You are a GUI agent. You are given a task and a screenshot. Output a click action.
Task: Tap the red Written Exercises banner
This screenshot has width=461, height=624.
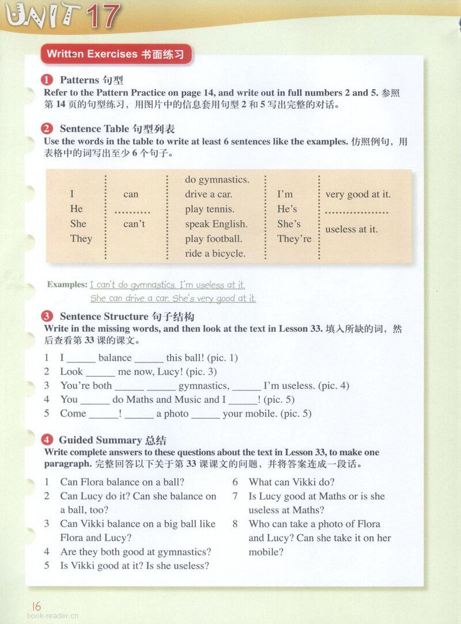coord(115,54)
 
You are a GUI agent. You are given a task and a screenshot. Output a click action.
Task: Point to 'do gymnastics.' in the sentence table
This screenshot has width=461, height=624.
coord(217,180)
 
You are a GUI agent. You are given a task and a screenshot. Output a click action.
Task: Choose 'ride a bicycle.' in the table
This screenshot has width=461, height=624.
coord(215,254)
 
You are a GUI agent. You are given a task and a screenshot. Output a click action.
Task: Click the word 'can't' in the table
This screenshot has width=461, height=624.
coord(134,224)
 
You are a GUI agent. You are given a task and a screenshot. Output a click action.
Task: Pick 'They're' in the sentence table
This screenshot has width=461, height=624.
coord(294,239)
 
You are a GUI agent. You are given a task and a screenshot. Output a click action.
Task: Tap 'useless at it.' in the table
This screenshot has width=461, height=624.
coord(352,229)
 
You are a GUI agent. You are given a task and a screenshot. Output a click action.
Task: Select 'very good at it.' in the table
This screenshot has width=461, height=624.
coord(358,194)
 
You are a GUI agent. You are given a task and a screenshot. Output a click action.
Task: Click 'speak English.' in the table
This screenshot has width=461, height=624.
coord(216,224)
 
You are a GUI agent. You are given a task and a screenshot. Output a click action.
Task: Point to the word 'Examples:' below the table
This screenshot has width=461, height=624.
coord(67,285)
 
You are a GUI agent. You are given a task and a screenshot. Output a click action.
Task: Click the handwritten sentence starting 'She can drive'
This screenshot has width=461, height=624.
coord(173,298)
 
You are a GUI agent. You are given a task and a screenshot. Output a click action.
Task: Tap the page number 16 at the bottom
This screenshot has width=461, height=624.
coord(37,606)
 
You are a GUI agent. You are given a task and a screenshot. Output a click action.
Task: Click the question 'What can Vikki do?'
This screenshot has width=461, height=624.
coord(291,482)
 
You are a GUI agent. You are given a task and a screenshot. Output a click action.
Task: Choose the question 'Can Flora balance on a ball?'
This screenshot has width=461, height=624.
coord(122,482)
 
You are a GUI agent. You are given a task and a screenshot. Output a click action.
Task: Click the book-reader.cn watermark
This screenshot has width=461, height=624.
coord(53,616)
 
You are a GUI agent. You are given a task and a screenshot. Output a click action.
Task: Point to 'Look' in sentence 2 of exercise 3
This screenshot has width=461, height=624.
coord(71,372)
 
